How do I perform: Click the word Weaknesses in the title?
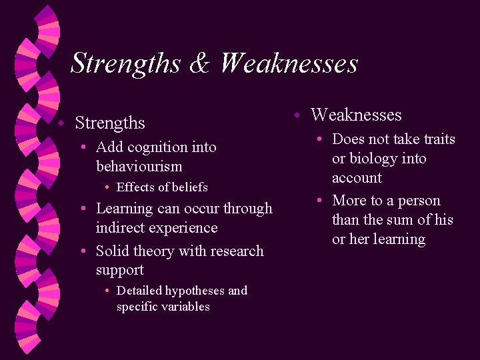(x=289, y=64)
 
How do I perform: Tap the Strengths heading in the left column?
(x=110, y=123)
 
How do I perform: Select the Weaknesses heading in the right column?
(x=356, y=115)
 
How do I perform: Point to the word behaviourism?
(x=139, y=166)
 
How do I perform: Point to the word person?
(x=419, y=201)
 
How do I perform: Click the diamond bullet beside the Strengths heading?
(x=60, y=123)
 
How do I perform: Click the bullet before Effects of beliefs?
(x=108, y=187)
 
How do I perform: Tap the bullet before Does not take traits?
(x=321, y=139)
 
